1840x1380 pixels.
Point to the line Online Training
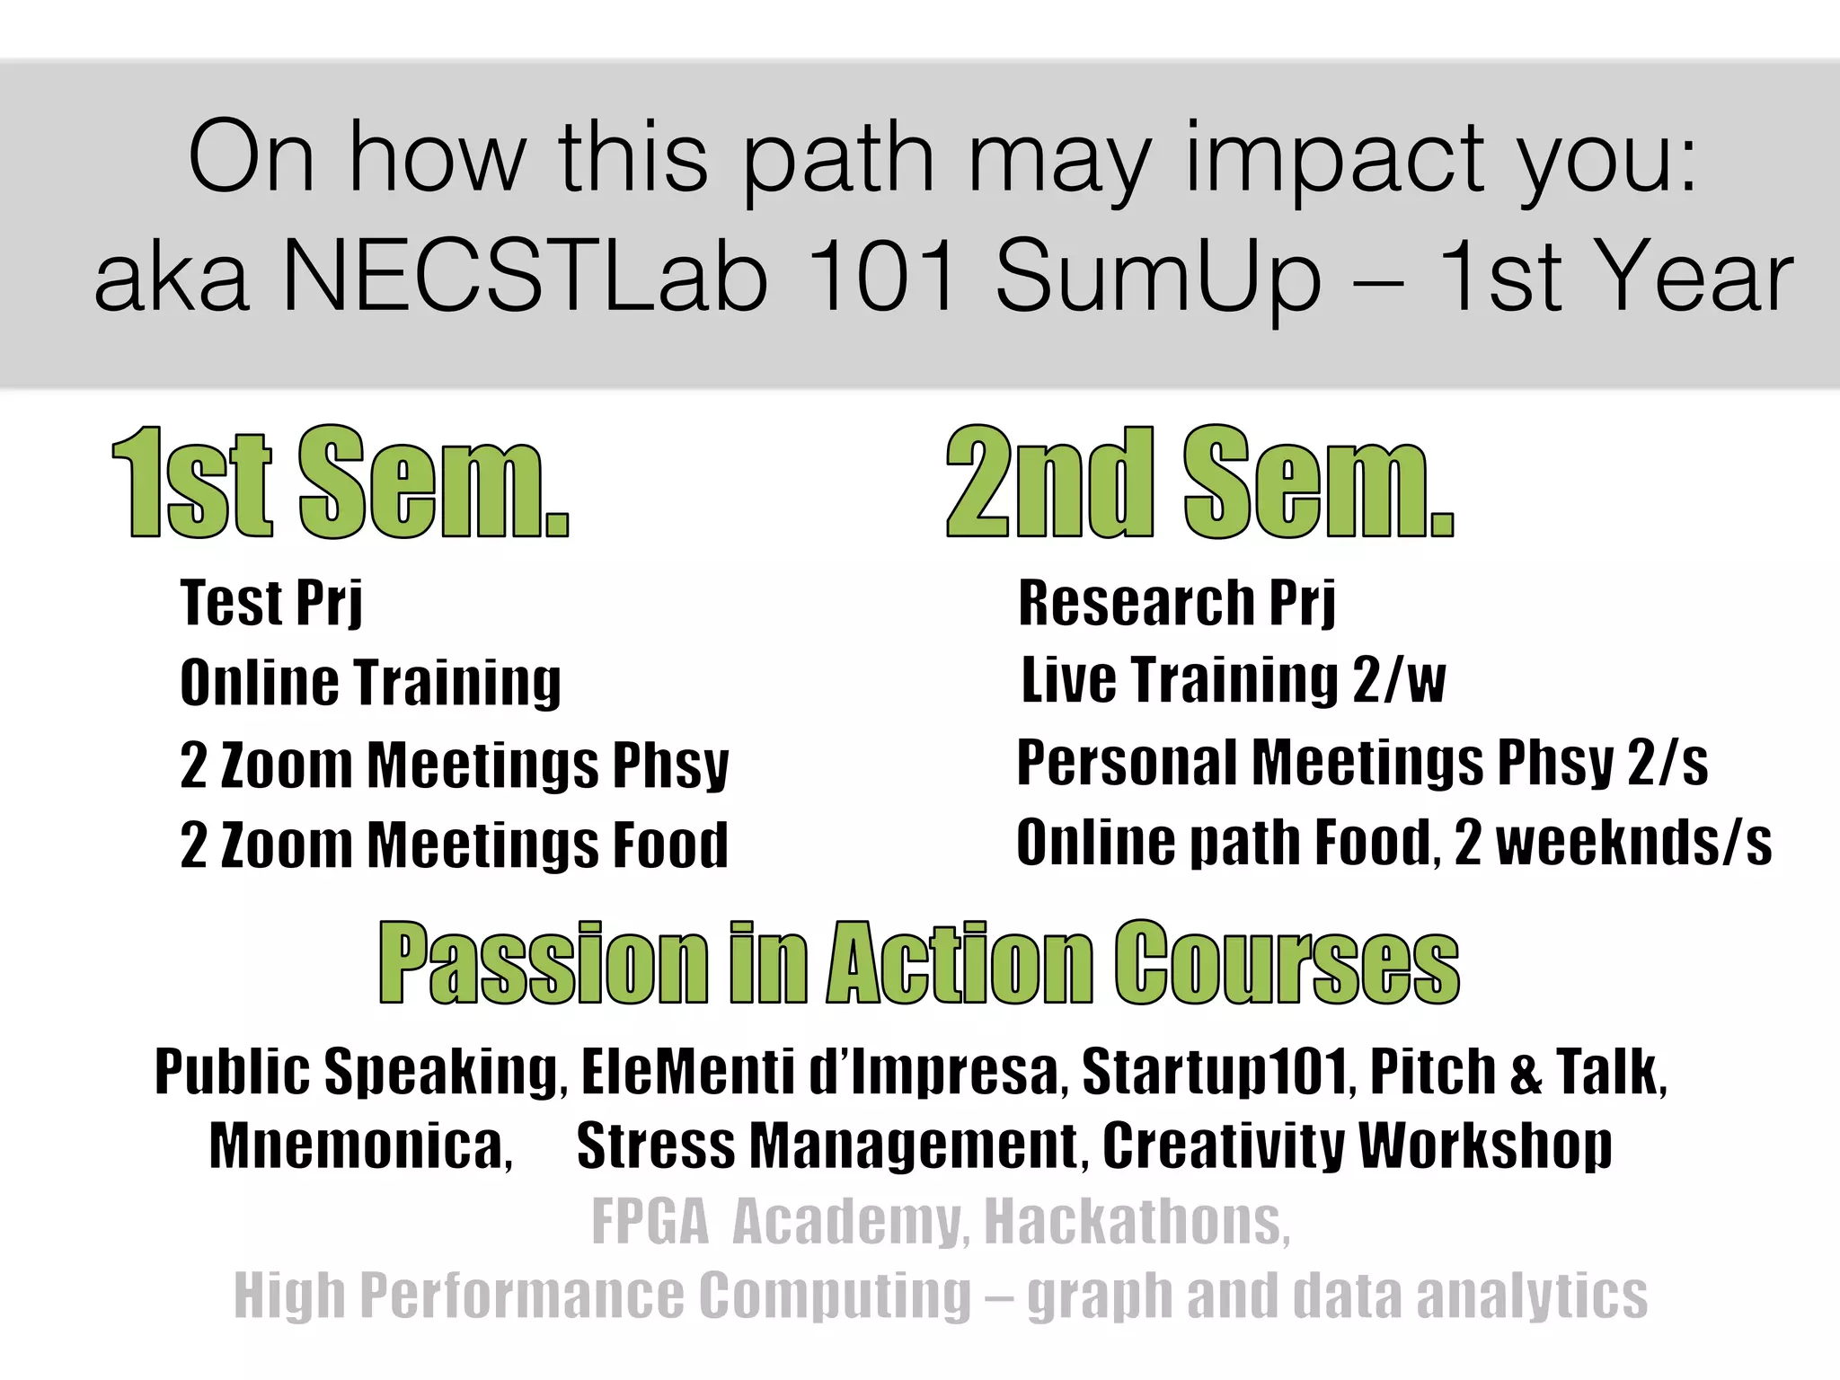tap(370, 683)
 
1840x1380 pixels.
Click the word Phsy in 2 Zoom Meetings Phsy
tap(670, 765)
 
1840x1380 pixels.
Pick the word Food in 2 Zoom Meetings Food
tap(670, 845)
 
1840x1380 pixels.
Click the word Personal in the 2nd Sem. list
tap(1127, 763)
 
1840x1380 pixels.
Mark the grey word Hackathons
tap(1137, 1221)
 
